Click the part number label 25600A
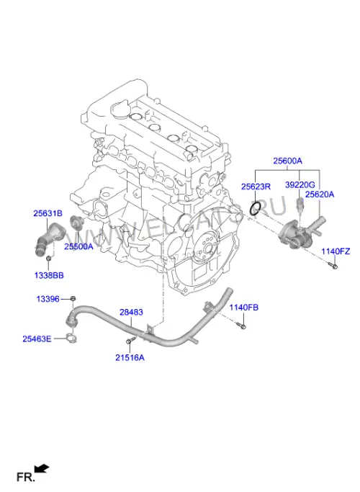click(287, 161)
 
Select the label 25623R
click(256, 187)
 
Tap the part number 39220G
click(300, 185)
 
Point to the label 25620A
click(320, 194)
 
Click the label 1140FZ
click(336, 251)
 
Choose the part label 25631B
click(48, 213)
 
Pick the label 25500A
click(78, 246)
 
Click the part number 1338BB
click(49, 275)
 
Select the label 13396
click(48, 299)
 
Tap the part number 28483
click(131, 312)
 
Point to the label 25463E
click(37, 339)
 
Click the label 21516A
click(130, 358)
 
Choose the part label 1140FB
click(243, 308)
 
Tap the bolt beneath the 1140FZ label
click(333, 266)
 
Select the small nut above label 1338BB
click(49, 258)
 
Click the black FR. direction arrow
click(42, 468)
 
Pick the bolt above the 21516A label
click(130, 340)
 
